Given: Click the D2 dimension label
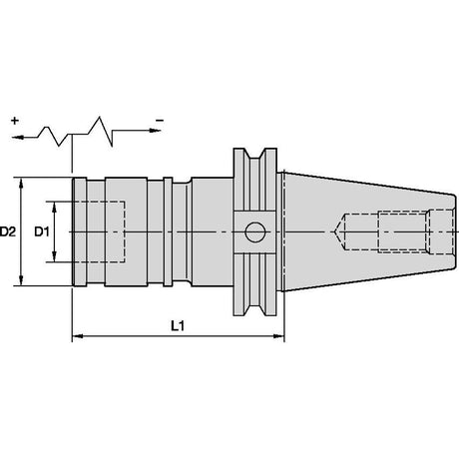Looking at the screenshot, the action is point(8,231).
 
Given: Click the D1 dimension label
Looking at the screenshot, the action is point(42,231).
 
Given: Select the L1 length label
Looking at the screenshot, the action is point(178,326).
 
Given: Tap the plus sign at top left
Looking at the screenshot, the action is point(14,121).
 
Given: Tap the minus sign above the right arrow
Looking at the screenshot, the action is point(160,120).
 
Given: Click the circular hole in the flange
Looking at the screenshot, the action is point(255,231).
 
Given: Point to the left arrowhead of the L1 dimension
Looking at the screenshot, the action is point(78,336).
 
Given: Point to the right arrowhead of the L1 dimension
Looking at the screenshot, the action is point(279,336).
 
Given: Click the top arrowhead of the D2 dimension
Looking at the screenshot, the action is point(21,184).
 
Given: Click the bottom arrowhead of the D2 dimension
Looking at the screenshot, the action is point(21,280).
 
